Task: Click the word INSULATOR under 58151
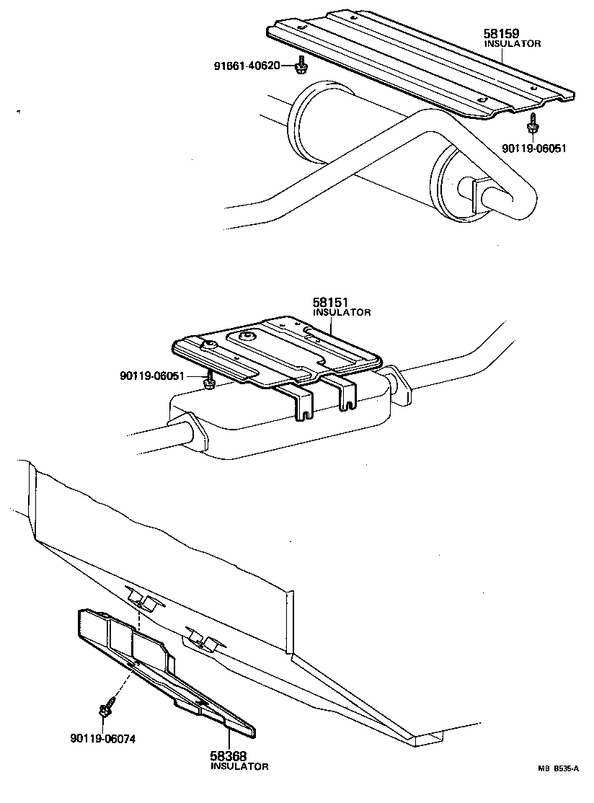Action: click(x=342, y=313)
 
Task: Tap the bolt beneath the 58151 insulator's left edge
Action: click(x=209, y=381)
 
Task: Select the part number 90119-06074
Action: click(x=103, y=737)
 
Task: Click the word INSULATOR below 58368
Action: click(x=239, y=766)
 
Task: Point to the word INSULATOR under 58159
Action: click(x=512, y=43)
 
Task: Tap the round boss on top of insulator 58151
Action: click(x=247, y=336)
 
